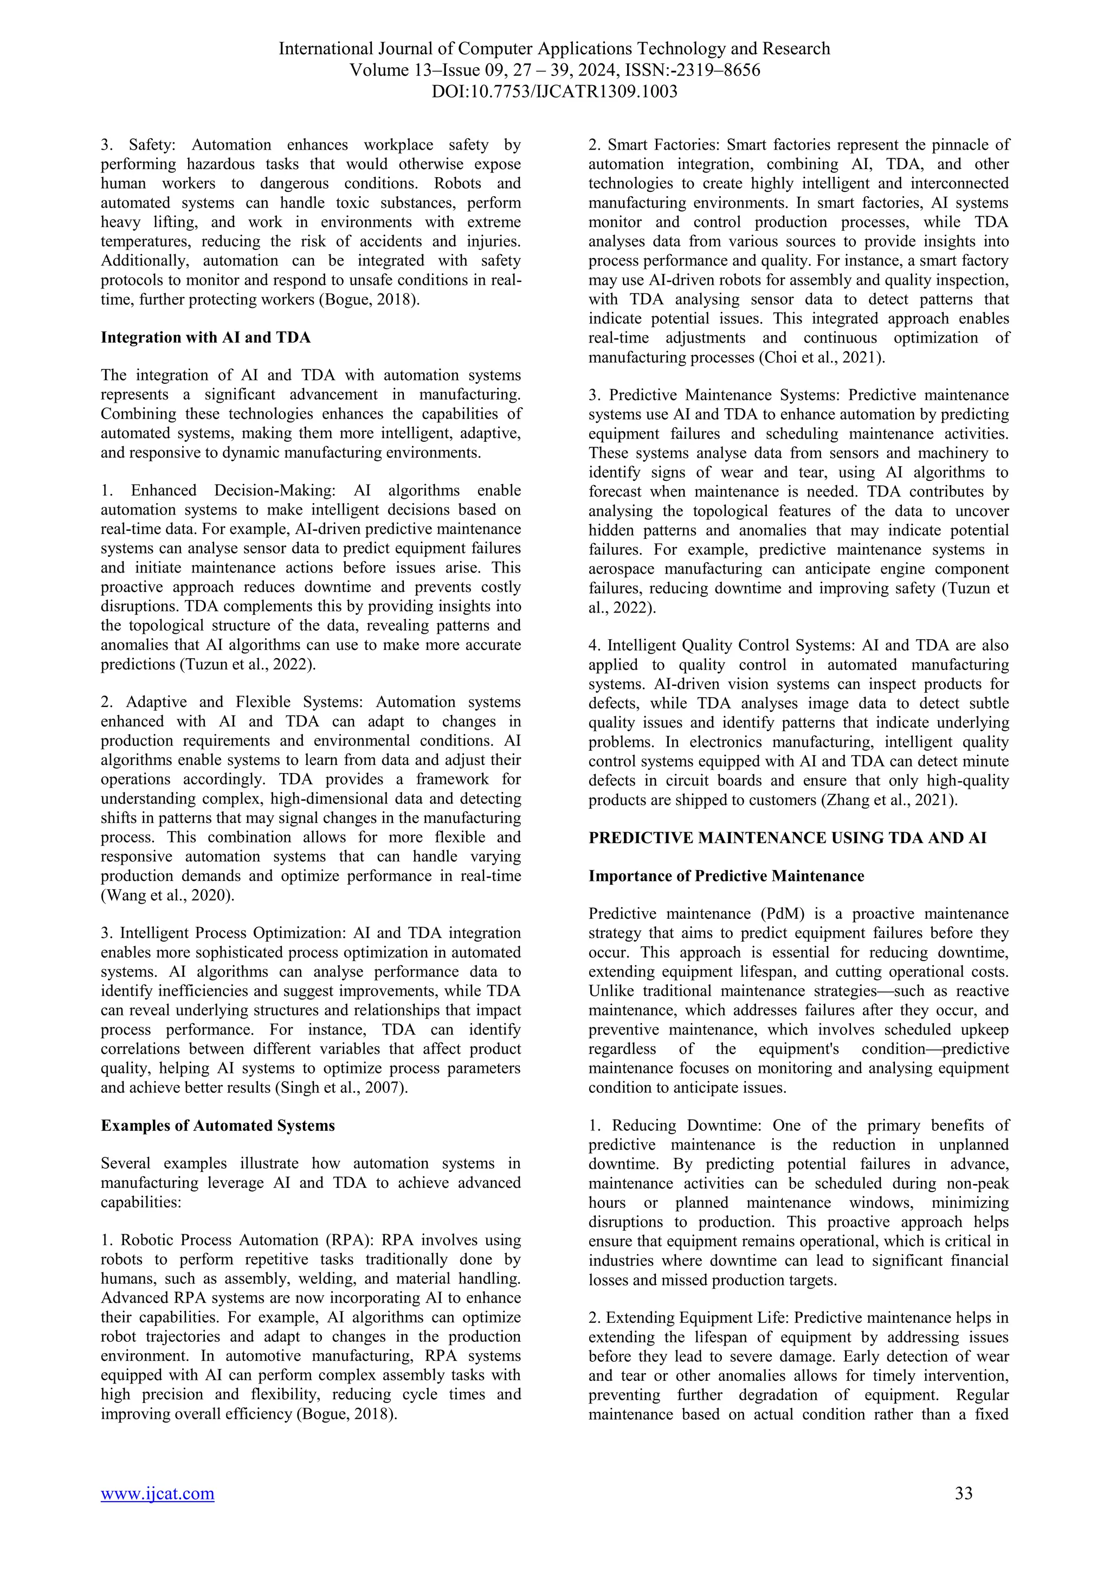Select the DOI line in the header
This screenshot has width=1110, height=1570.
tap(554, 91)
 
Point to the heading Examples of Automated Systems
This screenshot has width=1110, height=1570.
tap(217, 1125)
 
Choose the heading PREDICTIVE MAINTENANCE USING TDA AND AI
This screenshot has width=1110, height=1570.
tap(788, 838)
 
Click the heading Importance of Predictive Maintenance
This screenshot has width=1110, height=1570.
tap(726, 876)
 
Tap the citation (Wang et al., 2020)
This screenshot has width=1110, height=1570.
tap(167, 895)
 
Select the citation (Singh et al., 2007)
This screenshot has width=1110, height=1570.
tap(340, 1088)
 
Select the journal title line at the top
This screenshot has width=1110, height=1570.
tap(554, 49)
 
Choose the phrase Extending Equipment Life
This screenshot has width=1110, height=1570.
tap(695, 1318)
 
